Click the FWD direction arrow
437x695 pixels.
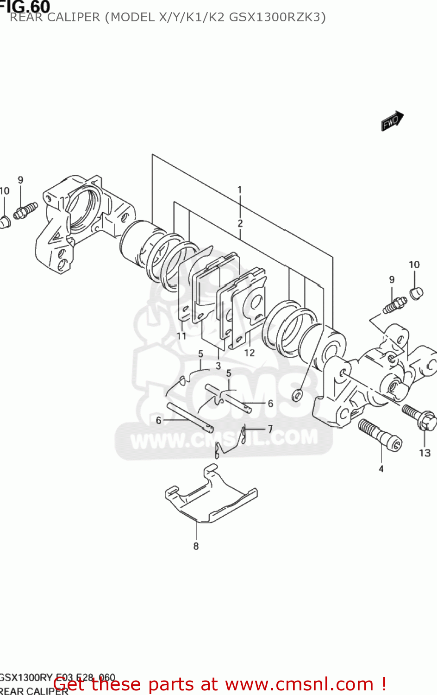point(392,121)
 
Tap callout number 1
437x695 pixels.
point(239,190)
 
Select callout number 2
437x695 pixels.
point(240,223)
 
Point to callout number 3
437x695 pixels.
point(218,366)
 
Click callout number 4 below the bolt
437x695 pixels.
point(381,469)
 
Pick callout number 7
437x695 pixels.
point(270,429)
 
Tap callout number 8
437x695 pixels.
point(196,546)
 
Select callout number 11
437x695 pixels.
point(181,336)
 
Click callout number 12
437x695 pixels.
point(250,353)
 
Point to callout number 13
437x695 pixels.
point(425,453)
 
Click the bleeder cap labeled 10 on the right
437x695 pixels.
point(416,293)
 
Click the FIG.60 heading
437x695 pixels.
point(25,6)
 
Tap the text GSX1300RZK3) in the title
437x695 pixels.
point(277,18)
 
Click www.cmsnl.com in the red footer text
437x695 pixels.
point(299,684)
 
